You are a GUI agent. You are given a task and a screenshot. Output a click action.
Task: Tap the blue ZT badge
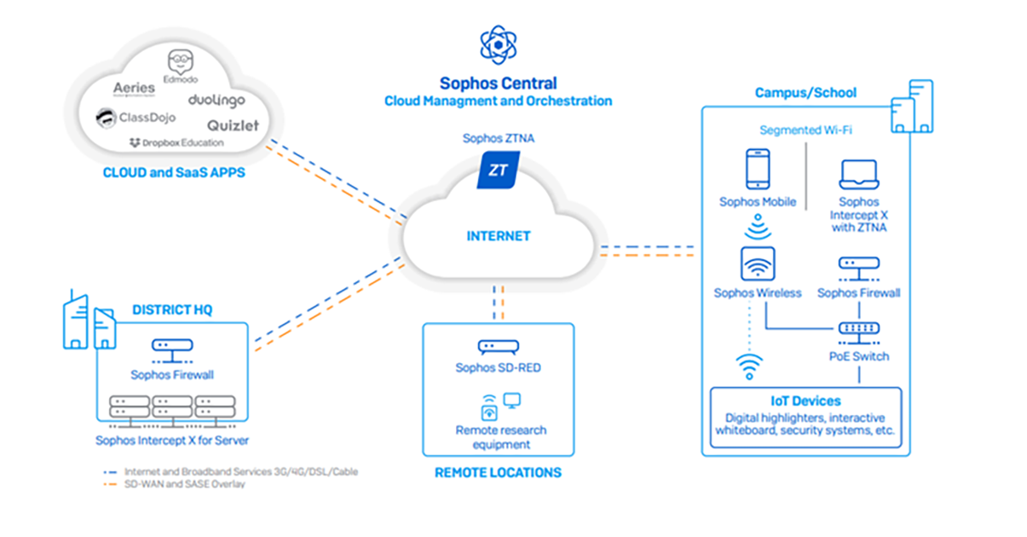point(498,170)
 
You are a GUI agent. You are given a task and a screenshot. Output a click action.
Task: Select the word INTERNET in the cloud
point(499,236)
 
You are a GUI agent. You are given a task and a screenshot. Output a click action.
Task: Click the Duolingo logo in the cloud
point(216,100)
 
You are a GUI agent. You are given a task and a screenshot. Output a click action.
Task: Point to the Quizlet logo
point(232,125)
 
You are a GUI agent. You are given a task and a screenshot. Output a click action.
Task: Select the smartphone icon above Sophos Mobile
point(757,169)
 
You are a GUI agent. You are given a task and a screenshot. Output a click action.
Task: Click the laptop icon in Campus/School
point(858,174)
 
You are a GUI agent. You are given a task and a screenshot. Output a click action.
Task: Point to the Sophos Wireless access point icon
point(757,263)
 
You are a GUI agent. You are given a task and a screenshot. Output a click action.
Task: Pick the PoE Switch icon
point(858,329)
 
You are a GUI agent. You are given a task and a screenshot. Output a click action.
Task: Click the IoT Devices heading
point(805,401)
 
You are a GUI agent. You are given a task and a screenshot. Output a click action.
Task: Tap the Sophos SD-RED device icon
point(498,347)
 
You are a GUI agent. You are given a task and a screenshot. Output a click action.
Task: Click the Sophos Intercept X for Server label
point(172,441)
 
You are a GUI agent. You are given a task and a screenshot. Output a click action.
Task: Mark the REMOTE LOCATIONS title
point(498,472)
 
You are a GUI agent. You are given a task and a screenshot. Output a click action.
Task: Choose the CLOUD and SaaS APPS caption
point(174,172)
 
